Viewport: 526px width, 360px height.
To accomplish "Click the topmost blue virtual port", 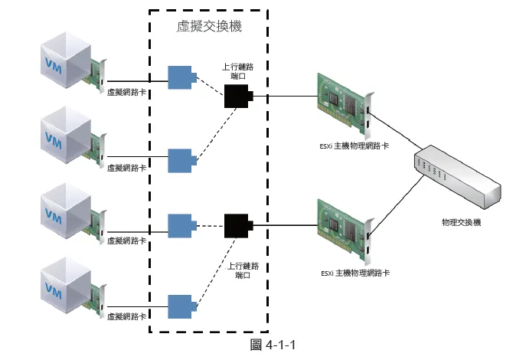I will point(180,77).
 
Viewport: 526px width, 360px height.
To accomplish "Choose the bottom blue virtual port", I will point(180,305).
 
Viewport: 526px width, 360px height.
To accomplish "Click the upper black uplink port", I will point(237,97).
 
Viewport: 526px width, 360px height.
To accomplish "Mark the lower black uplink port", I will point(237,225).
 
